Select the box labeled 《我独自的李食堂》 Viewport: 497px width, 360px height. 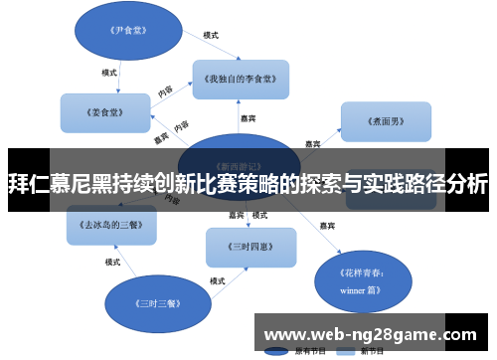pyautogui.click(x=241, y=78)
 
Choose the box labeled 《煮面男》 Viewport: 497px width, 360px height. pyautogui.click(x=386, y=120)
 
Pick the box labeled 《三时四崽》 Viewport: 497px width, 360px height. pyautogui.click(x=250, y=246)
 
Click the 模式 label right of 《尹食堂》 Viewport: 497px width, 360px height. pyautogui.click(x=210, y=36)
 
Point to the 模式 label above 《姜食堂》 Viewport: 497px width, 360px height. pyautogui.click(x=109, y=72)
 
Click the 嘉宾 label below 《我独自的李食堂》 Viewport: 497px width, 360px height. pyautogui.click(x=248, y=117)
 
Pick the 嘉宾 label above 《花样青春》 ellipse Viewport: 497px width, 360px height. pyautogui.click(x=326, y=227)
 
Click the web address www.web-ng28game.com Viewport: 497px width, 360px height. pyautogui.click(x=374, y=333)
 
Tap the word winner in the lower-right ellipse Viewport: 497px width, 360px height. pyautogui.click(x=354, y=291)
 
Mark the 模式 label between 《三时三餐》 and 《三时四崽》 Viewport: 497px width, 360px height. pyautogui.click(x=217, y=281)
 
